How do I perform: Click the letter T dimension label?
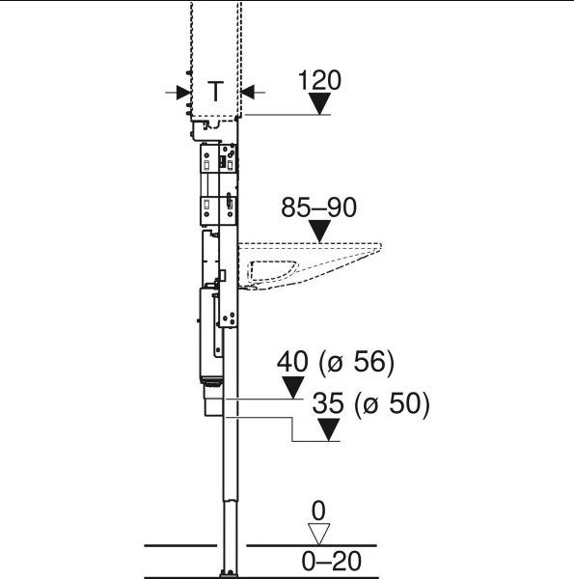[215, 92]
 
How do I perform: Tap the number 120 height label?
[319, 80]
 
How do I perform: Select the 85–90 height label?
[318, 207]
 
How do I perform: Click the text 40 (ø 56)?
[336, 362]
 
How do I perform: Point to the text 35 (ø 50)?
[371, 403]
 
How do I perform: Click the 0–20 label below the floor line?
[332, 562]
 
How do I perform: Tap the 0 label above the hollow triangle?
[318, 511]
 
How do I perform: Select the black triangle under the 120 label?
[319, 103]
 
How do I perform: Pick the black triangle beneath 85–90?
[319, 232]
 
